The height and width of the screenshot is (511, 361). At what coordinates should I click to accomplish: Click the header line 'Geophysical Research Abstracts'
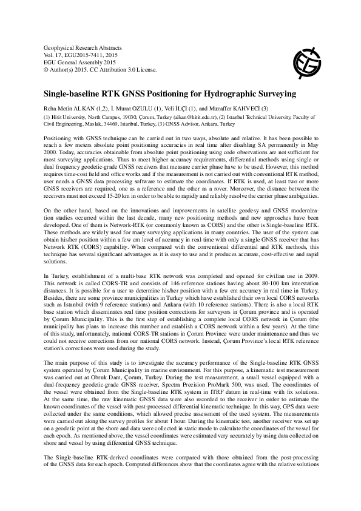tap(82, 47)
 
